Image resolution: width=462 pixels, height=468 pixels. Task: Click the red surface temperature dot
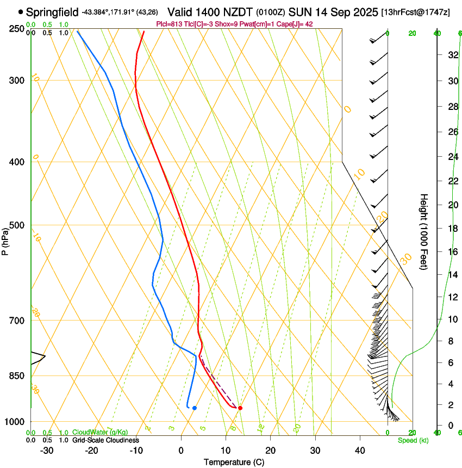240,408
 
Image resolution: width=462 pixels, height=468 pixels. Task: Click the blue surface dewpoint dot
194,408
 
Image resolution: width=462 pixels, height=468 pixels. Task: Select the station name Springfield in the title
52,12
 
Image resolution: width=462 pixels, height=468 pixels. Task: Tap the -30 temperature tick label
47,451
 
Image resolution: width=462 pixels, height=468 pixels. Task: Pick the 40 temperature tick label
359,451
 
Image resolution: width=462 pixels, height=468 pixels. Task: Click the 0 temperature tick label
181,451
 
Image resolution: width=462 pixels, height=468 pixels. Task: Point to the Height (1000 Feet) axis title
424,231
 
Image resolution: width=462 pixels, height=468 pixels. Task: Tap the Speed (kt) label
413,440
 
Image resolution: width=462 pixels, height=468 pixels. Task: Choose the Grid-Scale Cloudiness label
105,440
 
